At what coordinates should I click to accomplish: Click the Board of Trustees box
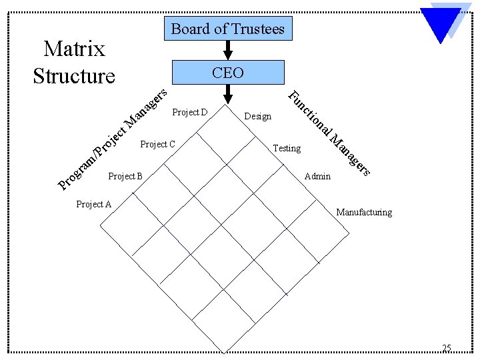[x=227, y=29]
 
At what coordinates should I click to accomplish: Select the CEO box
[x=227, y=73]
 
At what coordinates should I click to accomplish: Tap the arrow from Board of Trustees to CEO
[x=227, y=50]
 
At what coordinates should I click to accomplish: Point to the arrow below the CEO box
[x=227, y=94]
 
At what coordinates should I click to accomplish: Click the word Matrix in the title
[x=74, y=49]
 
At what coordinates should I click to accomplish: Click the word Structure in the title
[x=74, y=75]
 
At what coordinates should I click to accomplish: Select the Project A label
[x=94, y=204]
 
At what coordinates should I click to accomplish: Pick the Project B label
[x=125, y=176]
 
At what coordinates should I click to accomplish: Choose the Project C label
[x=158, y=144]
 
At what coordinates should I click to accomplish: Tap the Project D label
[x=190, y=112]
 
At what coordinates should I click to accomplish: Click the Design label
[x=258, y=117]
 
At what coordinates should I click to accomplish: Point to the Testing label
[x=287, y=148]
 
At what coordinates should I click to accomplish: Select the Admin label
[x=317, y=177]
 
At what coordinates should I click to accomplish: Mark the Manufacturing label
[x=364, y=213]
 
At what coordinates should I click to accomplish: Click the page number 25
[x=447, y=347]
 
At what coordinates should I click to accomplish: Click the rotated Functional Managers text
[x=329, y=133]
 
